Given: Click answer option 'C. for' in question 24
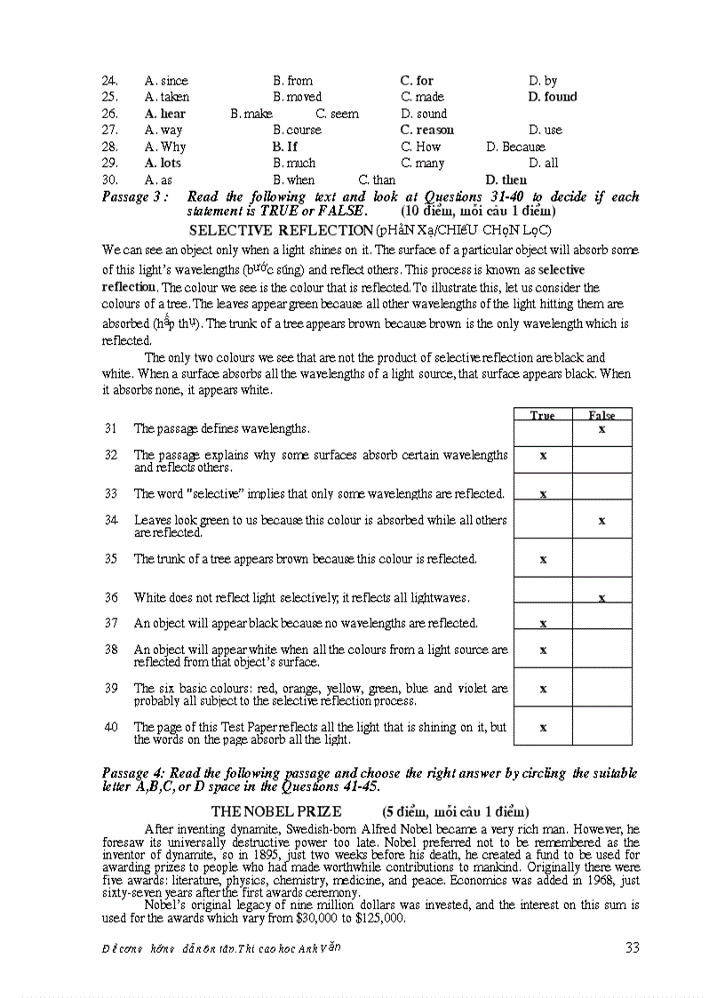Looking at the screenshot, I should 417,81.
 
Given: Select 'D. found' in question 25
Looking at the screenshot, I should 552,97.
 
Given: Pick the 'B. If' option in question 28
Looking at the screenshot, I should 285,147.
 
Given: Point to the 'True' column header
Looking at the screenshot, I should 542,415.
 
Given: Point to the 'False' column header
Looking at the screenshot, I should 602,415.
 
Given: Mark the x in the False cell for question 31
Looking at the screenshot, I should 602,429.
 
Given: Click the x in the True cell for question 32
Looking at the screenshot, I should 543,455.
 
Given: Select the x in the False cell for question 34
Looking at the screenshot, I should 602,521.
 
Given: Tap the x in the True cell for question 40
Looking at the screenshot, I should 543,727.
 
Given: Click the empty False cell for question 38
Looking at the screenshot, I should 602,651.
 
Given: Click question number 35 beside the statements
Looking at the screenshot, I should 111,559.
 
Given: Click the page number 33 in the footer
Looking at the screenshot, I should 632,947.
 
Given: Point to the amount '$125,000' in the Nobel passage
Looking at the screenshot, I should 381,919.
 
